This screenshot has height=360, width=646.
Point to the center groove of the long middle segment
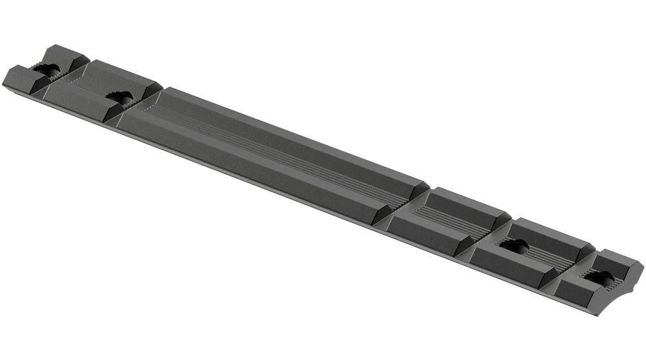273,149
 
